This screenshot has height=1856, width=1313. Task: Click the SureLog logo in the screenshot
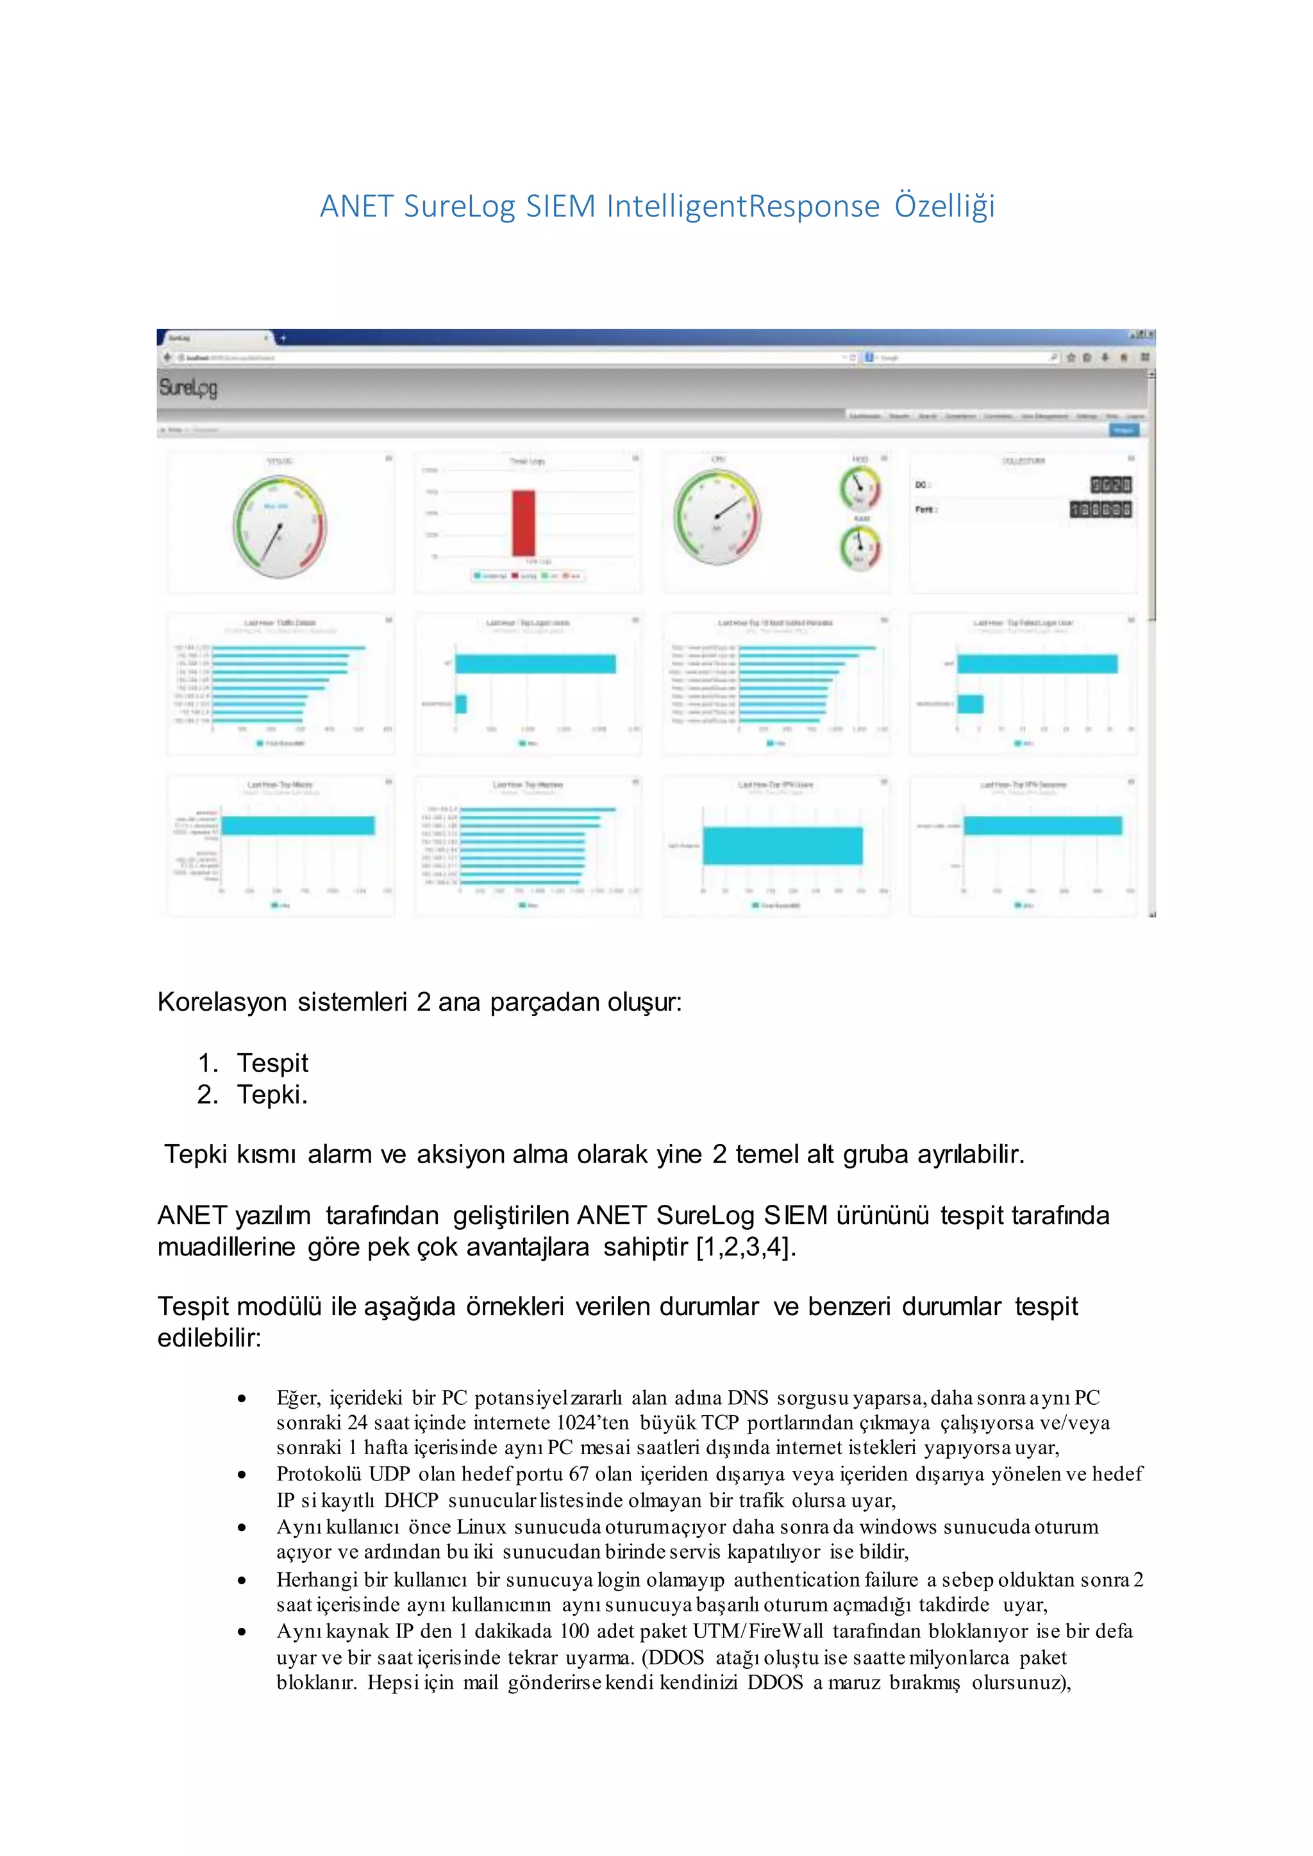(x=188, y=387)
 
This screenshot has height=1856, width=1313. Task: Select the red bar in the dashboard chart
(x=523, y=523)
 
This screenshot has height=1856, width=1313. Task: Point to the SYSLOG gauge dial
(x=280, y=526)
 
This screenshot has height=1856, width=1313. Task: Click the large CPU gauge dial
(x=717, y=517)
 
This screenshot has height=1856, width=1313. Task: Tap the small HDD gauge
(x=860, y=488)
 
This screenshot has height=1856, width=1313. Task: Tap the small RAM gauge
(x=860, y=547)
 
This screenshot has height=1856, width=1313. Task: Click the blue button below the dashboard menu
(x=1124, y=430)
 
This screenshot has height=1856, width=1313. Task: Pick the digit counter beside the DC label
(x=1111, y=485)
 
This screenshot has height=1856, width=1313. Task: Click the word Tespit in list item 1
(x=272, y=1063)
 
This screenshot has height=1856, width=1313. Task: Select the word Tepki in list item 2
(x=269, y=1095)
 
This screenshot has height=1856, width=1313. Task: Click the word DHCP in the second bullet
(x=411, y=1500)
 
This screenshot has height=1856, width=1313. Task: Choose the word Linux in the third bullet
(x=481, y=1527)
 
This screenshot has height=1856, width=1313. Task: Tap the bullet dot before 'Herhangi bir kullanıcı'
(x=242, y=1580)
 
